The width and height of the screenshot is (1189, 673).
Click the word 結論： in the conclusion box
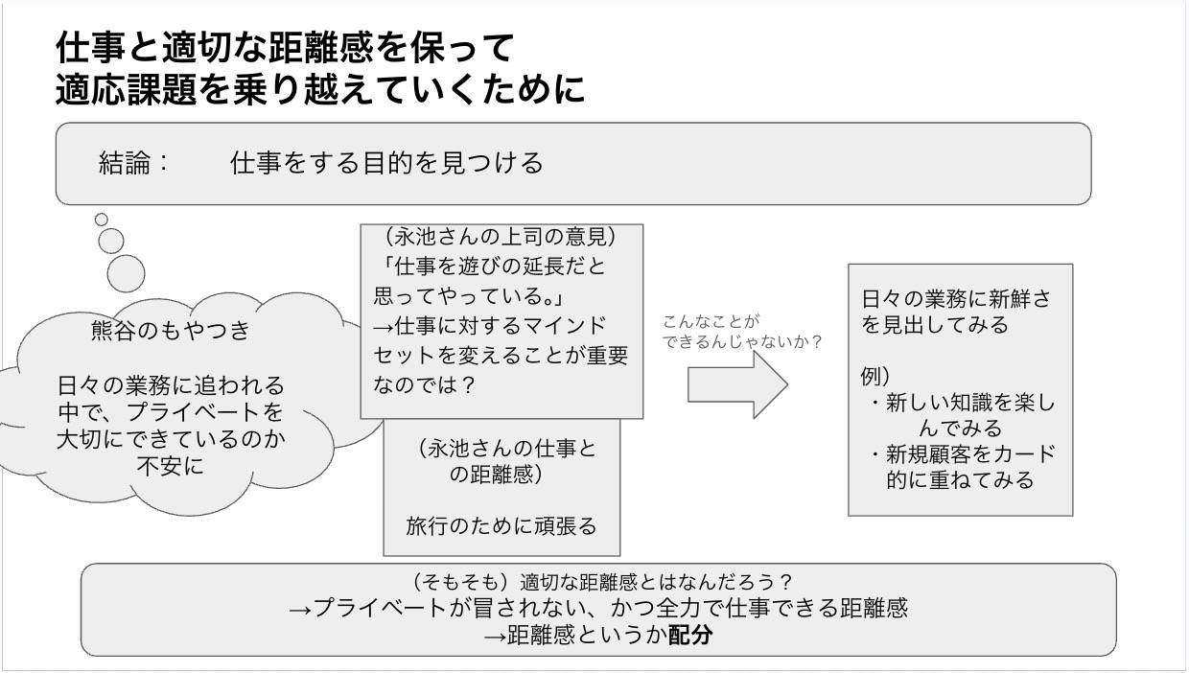pyautogui.click(x=134, y=163)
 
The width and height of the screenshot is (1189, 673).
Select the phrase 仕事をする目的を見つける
pyautogui.click(x=386, y=163)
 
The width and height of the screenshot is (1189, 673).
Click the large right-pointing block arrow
pyautogui.click(x=736, y=384)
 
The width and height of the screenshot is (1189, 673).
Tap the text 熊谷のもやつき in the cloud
pyautogui.click(x=170, y=331)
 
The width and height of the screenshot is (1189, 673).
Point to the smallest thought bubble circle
pyautogui.click(x=102, y=220)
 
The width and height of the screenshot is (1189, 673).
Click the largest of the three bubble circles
pyautogui.click(x=126, y=273)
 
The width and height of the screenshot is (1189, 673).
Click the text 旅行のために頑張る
pyautogui.click(x=501, y=525)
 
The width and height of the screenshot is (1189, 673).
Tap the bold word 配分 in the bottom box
pyautogui.click(x=690, y=635)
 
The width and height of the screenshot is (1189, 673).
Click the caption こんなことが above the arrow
pyautogui.click(x=711, y=321)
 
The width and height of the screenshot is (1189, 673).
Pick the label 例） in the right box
pyautogui.click(x=875, y=377)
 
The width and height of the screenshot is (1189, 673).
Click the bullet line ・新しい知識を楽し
pyautogui.click(x=961, y=403)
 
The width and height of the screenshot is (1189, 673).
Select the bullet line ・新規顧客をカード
pyautogui.click(x=961, y=453)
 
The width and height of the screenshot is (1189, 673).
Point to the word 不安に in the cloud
pyautogui.click(x=170, y=468)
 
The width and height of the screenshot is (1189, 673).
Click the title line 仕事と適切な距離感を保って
pyautogui.click(x=286, y=46)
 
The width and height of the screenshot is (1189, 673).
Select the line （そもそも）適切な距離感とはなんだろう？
pyautogui.click(x=598, y=582)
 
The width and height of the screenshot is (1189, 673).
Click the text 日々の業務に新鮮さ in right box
pyautogui.click(x=955, y=298)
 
